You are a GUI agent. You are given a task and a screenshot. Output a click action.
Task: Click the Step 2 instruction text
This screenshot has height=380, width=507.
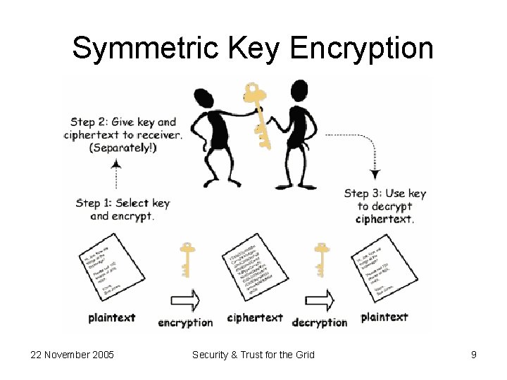pos(123,134)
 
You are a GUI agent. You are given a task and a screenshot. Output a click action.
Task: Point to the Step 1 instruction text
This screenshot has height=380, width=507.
pos(123,209)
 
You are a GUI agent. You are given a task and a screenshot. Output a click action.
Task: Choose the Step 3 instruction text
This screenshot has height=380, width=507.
pos(384,205)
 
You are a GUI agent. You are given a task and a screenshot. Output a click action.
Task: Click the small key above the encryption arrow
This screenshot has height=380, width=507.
pos(187,260)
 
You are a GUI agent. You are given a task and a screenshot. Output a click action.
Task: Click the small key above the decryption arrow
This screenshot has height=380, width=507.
pos(321,260)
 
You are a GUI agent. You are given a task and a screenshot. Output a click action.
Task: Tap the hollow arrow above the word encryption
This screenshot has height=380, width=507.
pos(186,300)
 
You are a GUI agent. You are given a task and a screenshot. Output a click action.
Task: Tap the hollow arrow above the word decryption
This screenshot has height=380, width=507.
pos(320,300)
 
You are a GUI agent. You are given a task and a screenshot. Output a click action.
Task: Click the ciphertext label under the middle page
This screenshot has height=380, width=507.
pos(255,318)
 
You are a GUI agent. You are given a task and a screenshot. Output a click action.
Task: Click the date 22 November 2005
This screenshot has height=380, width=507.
pos(72,355)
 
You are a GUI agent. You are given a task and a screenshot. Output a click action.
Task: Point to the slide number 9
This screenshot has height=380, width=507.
pos(474,355)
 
